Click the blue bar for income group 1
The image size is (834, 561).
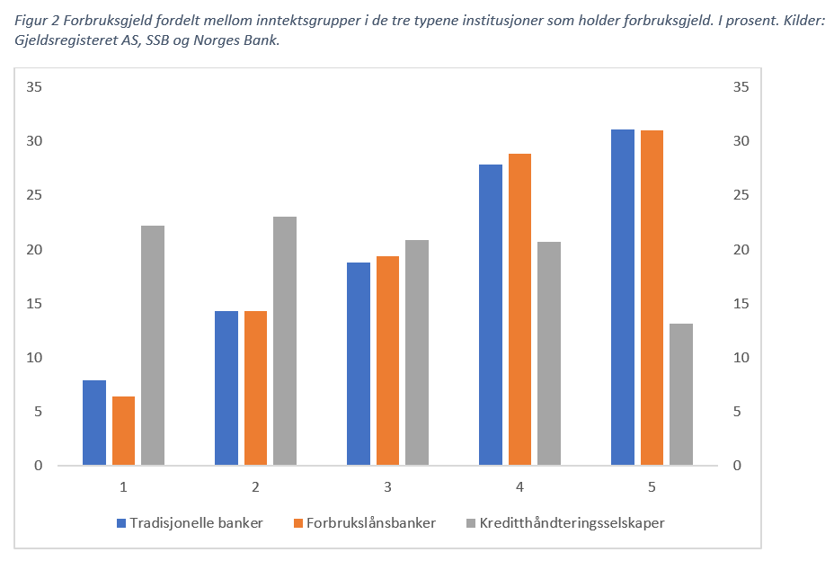[x=94, y=423]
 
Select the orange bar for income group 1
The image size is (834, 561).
[x=123, y=431]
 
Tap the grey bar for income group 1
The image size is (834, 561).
[x=153, y=345]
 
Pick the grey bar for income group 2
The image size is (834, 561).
[x=285, y=341]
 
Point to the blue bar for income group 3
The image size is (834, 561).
[x=359, y=364]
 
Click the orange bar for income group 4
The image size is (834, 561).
[x=519, y=309]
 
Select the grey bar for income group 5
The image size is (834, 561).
[x=681, y=395]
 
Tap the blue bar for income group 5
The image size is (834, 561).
[x=623, y=298]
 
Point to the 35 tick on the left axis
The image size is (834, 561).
[x=34, y=87]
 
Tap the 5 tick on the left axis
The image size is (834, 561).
[x=38, y=412]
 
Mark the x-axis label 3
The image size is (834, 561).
[x=387, y=487]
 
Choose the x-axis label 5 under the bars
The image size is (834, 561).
[x=652, y=487]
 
